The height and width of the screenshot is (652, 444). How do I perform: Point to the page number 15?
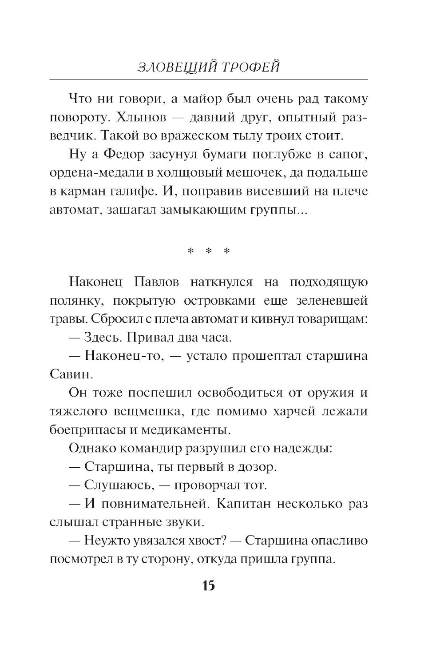208,585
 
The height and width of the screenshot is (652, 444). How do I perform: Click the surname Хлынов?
136,117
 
